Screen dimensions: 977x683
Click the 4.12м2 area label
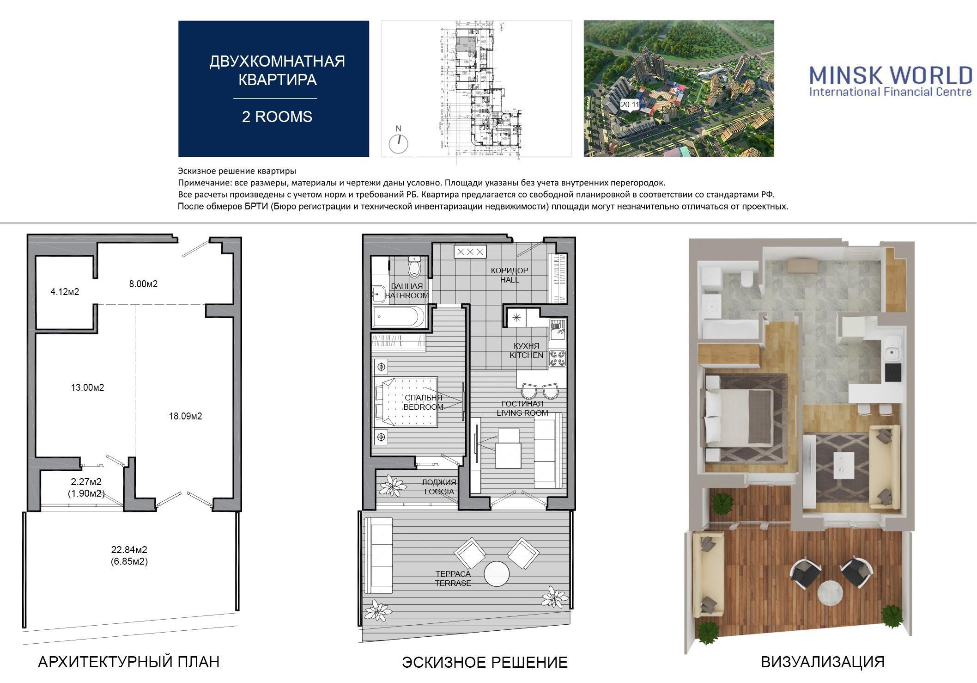pos(65,292)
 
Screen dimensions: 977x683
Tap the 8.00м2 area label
pos(143,284)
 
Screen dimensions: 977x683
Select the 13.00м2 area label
pos(87,388)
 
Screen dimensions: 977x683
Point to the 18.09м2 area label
pos(185,416)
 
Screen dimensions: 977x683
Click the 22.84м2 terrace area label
pos(129,550)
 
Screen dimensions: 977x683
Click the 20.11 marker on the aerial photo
pos(630,105)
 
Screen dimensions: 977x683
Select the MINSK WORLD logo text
pos(891,74)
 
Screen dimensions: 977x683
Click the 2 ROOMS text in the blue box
pos(277,117)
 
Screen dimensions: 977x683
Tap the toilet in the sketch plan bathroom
pos(414,267)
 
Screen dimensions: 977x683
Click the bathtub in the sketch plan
pos(401,317)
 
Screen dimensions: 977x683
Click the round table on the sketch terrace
pos(497,574)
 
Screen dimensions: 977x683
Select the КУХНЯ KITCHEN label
pos(526,351)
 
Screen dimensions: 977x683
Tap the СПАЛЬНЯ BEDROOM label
pos(423,402)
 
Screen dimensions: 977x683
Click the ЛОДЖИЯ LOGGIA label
pos(439,487)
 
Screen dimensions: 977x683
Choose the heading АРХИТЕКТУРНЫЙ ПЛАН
pos(128,662)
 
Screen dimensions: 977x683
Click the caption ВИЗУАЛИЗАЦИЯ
pos(823,662)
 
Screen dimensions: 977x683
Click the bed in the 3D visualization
pos(739,418)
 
